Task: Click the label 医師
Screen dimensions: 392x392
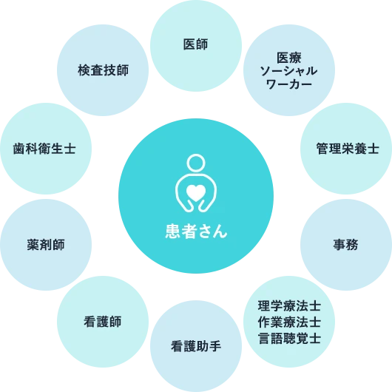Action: tap(195, 44)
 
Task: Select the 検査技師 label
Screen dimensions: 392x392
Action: tap(104, 70)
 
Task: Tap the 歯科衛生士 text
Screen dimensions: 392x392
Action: tap(44, 149)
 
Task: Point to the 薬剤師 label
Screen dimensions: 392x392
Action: tap(46, 245)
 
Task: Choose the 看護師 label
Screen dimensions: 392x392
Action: tap(103, 322)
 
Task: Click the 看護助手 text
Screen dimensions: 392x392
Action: tap(196, 346)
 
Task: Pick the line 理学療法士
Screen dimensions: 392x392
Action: tap(289, 306)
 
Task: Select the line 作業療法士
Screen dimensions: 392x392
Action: tap(289, 322)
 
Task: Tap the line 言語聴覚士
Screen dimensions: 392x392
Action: tap(289, 338)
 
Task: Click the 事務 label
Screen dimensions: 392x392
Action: tap(345, 245)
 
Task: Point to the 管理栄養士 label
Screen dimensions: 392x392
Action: tap(348, 149)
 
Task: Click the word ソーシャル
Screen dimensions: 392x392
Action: tap(288, 71)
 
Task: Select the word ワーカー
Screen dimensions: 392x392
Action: tap(288, 84)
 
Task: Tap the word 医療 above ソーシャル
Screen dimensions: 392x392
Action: tap(289, 58)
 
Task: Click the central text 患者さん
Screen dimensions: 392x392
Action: tap(196, 232)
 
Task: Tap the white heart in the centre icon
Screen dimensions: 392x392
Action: tap(196, 193)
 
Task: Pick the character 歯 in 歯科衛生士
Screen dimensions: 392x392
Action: tap(19, 149)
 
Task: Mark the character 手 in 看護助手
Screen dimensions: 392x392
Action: tap(215, 346)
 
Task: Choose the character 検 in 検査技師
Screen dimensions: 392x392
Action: tap(84, 70)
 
